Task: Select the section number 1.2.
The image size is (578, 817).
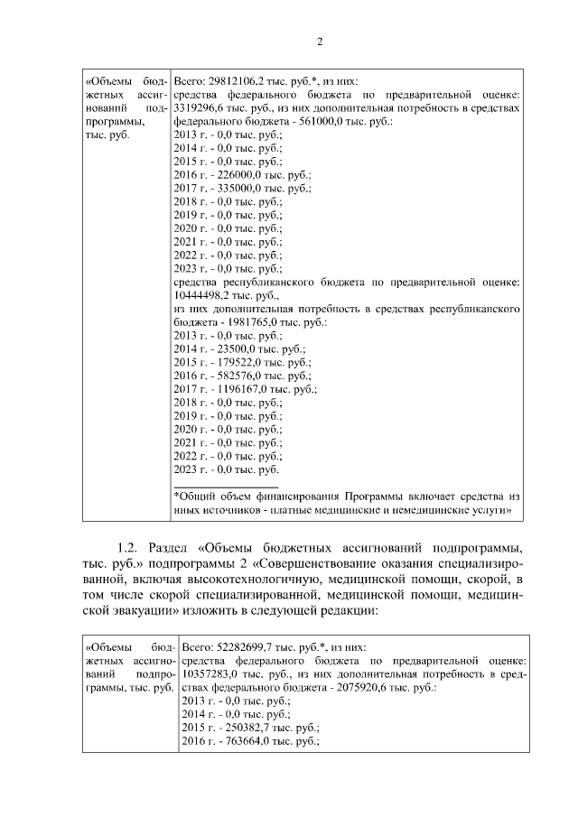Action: click(130, 548)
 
